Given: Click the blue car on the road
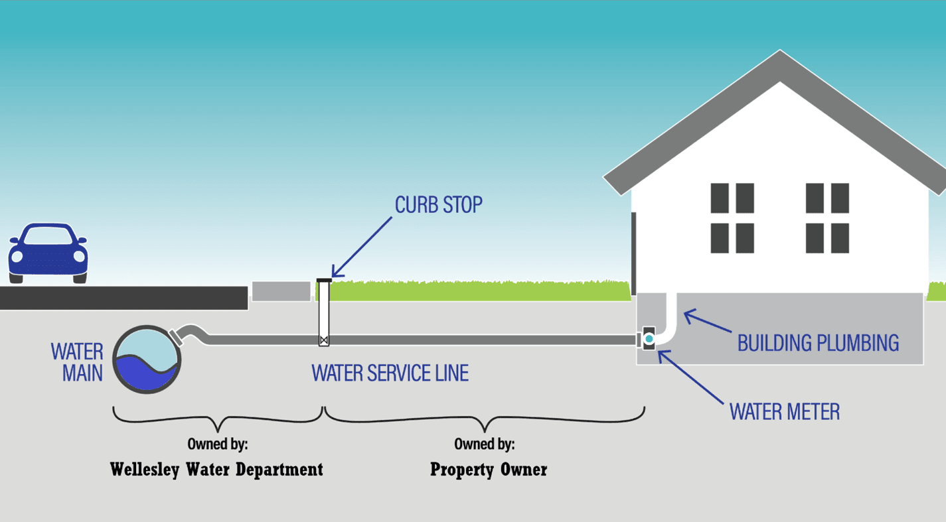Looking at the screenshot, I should (x=47, y=253).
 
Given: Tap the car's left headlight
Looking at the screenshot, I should (x=17, y=256).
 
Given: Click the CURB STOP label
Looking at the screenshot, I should (x=438, y=205).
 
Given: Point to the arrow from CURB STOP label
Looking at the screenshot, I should (x=362, y=246).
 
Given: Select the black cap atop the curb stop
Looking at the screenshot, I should (x=324, y=280).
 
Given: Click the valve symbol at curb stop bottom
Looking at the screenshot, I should (x=323, y=341).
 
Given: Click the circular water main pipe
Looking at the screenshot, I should (x=147, y=359).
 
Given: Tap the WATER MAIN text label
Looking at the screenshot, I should (x=77, y=362).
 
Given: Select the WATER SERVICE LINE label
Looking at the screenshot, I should (x=390, y=373).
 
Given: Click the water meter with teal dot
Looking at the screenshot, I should (x=649, y=339).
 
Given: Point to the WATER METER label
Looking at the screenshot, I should (x=785, y=412).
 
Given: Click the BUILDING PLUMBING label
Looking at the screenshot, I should (x=818, y=343).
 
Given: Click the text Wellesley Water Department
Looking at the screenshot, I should (x=216, y=470).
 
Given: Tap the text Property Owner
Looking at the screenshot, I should (x=489, y=470).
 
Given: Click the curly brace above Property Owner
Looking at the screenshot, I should (x=484, y=419).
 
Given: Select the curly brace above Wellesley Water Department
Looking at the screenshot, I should (x=217, y=419).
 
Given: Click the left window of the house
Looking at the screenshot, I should (x=732, y=218).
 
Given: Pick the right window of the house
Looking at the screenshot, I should (x=827, y=218).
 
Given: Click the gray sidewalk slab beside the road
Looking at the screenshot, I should (x=281, y=291).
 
